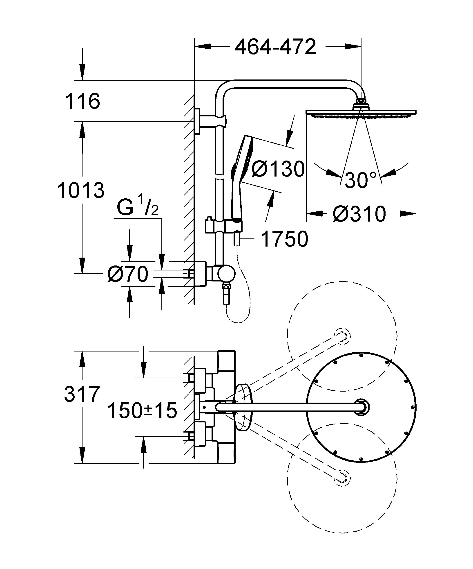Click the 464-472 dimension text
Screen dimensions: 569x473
(x=275, y=47)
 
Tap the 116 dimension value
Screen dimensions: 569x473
(x=82, y=101)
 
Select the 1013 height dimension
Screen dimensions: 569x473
(x=81, y=190)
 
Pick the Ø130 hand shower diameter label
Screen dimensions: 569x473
(x=278, y=169)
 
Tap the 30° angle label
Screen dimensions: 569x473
(x=360, y=180)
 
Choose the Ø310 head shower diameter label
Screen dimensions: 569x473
(x=359, y=214)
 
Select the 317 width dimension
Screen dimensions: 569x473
(x=82, y=394)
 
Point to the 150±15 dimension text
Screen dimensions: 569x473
(x=142, y=410)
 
